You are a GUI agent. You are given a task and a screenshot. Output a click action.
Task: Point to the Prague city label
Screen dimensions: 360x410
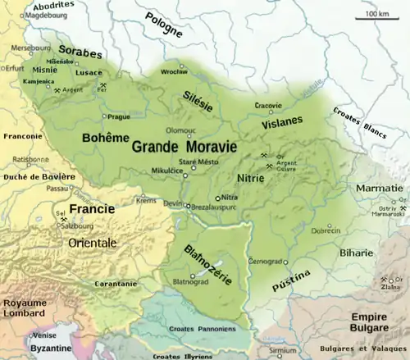119,117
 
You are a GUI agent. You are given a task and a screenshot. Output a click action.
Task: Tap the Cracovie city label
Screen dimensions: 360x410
267,105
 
